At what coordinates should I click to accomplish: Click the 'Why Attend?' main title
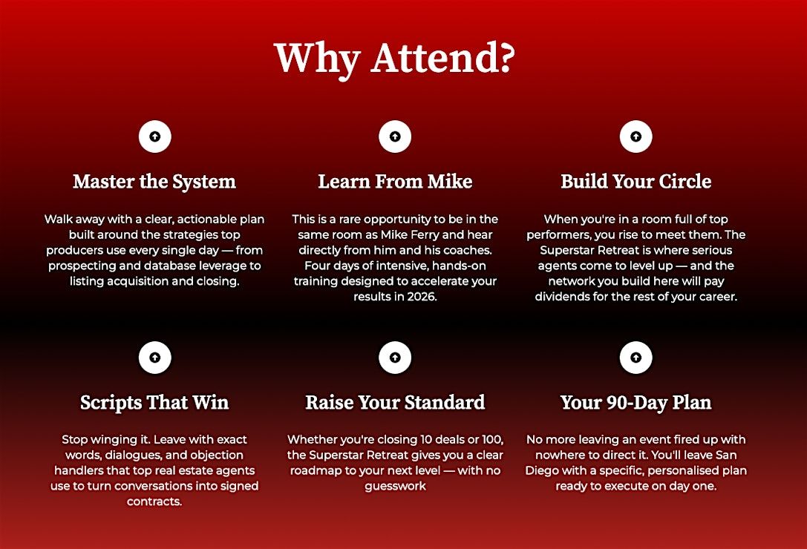point(395,58)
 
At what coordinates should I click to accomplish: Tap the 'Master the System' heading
point(154,182)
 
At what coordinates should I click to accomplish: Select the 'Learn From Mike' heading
point(395,181)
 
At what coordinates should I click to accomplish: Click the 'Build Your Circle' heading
point(636,181)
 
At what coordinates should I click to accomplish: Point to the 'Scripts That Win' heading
point(154,402)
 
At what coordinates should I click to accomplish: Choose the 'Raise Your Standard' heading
point(395,402)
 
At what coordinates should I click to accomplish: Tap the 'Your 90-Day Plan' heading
point(636,402)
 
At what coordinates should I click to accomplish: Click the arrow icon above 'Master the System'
point(155,137)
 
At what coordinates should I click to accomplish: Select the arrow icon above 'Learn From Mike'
point(395,137)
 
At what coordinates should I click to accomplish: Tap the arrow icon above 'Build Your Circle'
point(636,137)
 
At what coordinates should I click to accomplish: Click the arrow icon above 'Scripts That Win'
point(155,357)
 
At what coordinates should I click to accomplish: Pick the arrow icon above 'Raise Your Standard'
point(395,357)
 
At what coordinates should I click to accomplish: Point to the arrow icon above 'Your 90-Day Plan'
point(636,357)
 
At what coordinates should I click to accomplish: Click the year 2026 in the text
point(422,297)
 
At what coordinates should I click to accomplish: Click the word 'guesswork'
point(395,486)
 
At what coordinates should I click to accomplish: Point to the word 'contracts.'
point(154,502)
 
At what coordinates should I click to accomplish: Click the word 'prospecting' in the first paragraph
point(79,266)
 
